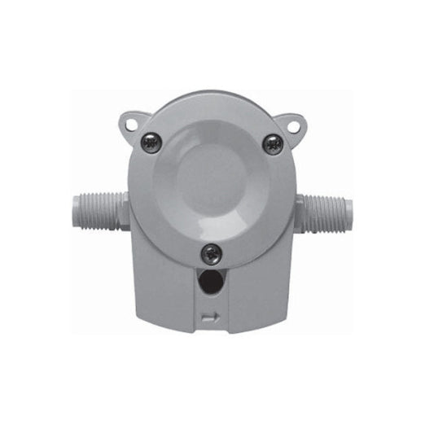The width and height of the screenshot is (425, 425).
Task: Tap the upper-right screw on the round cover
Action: tap(273, 143)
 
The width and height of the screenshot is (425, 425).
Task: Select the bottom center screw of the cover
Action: tap(212, 253)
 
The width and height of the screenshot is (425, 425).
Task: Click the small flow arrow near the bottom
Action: tap(211, 318)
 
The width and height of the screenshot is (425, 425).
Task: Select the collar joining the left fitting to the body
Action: tap(121, 210)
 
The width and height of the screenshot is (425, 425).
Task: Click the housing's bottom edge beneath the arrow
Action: tap(212, 332)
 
